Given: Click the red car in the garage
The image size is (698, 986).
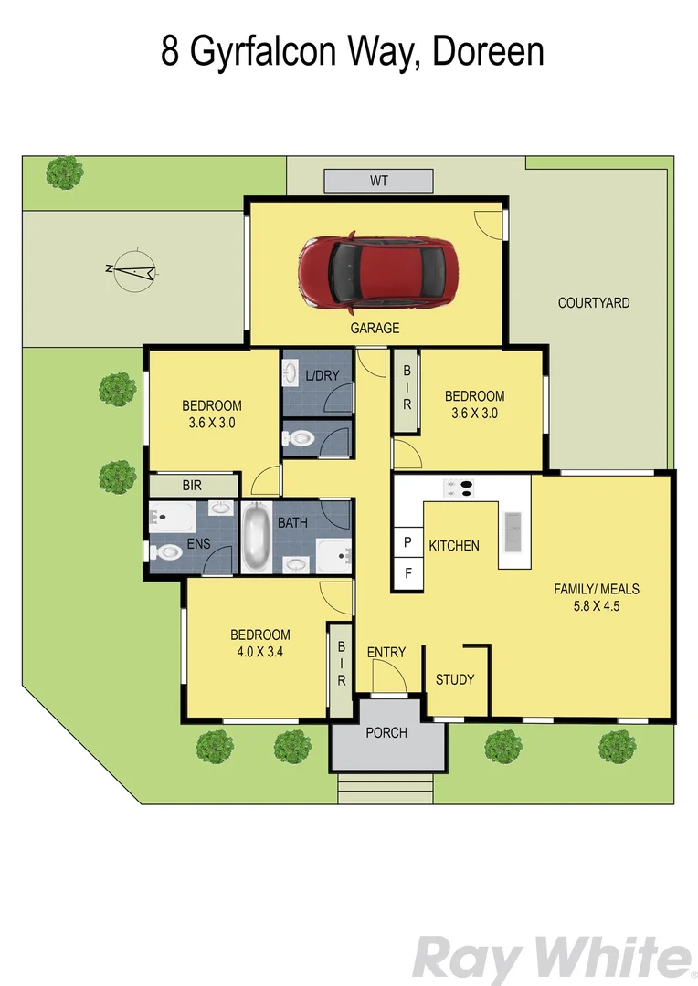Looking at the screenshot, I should tap(375, 272).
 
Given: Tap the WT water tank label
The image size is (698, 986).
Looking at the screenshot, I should tap(378, 181).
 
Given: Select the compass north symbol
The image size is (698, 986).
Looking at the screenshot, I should tap(132, 269).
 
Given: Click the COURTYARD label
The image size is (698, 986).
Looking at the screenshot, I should tap(593, 302).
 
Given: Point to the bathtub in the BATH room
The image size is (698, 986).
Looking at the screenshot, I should tap(256, 538).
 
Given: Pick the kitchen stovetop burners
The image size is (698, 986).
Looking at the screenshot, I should tap(459, 488).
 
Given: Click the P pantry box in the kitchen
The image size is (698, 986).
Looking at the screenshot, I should tap(407, 540).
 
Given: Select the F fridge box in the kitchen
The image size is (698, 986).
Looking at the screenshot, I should tap(407, 574).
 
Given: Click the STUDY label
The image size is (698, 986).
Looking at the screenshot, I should tap(454, 679).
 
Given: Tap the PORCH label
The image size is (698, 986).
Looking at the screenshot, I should tap(386, 732).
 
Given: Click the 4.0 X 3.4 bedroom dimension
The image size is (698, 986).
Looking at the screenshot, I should tap(259, 652).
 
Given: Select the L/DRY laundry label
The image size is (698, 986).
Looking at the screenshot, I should tap(322, 375).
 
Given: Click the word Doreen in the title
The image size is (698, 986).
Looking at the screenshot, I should tap(487, 51).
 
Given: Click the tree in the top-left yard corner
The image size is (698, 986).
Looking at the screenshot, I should tap(64, 172).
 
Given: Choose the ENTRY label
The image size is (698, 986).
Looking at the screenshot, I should tap(386, 652).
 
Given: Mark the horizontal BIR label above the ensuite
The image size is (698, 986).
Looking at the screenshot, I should tap(192, 486).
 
